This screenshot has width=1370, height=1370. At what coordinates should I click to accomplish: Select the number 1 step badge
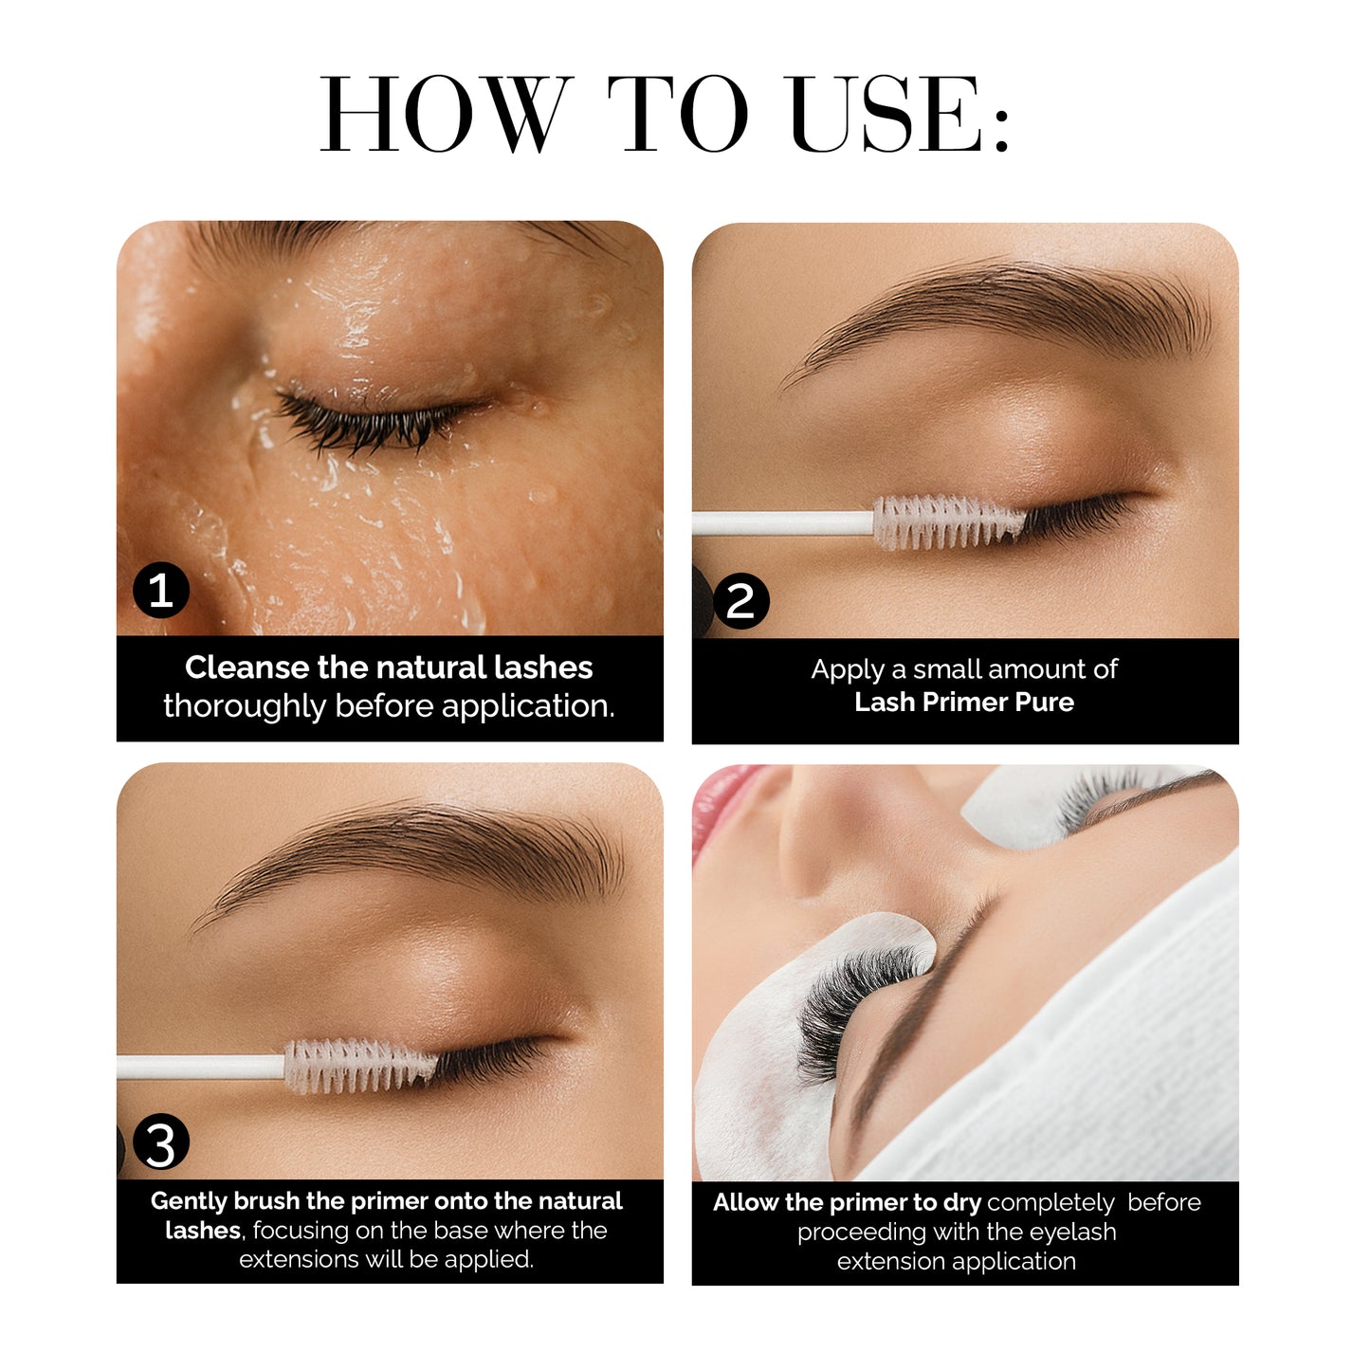point(161,591)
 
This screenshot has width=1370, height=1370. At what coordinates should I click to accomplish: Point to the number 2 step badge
point(740,601)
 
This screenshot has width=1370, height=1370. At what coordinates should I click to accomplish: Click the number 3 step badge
point(161,1142)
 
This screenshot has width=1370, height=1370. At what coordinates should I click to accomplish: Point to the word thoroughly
point(244,706)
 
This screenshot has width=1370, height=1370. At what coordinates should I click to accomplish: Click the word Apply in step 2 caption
point(848,669)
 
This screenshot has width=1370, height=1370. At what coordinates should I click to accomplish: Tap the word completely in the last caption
point(1050,1203)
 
